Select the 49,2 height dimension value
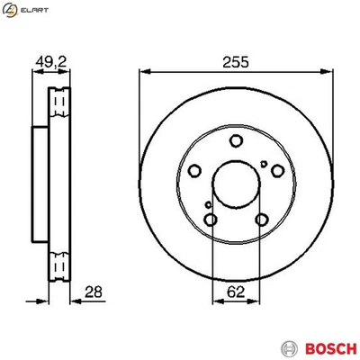(x=57, y=63)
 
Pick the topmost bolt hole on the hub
(x=235, y=140)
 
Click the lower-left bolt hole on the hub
(x=210, y=220)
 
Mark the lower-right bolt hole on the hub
(x=261, y=220)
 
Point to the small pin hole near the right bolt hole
(x=263, y=163)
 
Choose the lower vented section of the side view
(x=60, y=265)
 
